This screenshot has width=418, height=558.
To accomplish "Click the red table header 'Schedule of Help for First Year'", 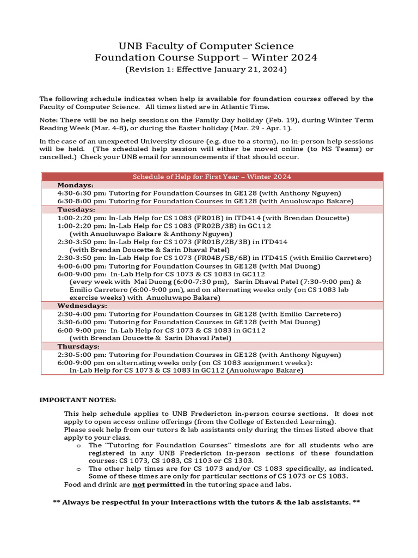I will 212,177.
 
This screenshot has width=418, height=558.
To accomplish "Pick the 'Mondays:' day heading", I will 75,185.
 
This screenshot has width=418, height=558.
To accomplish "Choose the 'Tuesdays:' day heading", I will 76,209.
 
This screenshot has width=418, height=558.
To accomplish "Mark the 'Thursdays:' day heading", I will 78,346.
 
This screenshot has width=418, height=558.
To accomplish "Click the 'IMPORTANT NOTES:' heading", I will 78,400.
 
